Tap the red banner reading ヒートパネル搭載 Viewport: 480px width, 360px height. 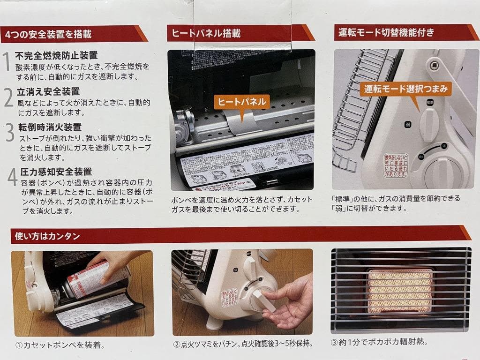point(206,34)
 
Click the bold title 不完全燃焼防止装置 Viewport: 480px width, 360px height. point(56,56)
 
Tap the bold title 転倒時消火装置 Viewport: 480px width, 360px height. point(50,127)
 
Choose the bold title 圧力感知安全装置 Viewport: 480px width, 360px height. point(56,172)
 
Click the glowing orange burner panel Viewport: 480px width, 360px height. point(400,291)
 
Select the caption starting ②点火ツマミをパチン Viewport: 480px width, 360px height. point(242,344)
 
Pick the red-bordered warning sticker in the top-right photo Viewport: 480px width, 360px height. point(396,165)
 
